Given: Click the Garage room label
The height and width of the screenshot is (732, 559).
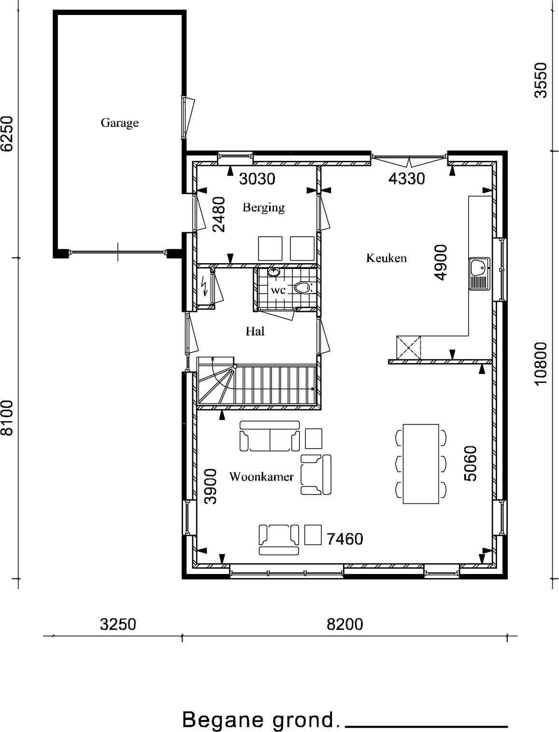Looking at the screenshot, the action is [x=119, y=123].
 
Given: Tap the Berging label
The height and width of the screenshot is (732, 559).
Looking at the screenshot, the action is [x=263, y=208].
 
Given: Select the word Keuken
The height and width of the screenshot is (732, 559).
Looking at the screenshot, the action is [x=386, y=258].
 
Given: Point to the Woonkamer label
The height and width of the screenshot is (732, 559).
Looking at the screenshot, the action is [x=261, y=477].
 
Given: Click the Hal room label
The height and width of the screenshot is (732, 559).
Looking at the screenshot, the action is [x=255, y=331].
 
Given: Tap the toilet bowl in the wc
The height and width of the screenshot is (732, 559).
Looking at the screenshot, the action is [x=302, y=287].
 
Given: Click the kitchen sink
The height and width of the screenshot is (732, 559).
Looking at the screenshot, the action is [x=479, y=273].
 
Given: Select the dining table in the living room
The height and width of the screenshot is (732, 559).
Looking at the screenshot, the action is [x=421, y=464].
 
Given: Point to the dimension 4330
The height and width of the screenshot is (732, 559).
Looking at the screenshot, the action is [x=407, y=179].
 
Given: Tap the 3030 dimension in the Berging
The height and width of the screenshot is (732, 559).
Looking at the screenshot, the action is [x=257, y=179].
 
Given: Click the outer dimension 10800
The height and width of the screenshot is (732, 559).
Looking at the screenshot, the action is [x=541, y=364].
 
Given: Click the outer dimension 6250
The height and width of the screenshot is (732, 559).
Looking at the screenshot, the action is [x=7, y=134].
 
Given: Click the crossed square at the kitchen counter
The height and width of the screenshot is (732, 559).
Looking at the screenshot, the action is [x=409, y=348].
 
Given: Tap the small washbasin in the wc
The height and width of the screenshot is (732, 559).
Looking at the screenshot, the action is [x=273, y=272].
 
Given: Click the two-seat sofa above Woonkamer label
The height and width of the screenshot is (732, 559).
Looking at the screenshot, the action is [x=270, y=436].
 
